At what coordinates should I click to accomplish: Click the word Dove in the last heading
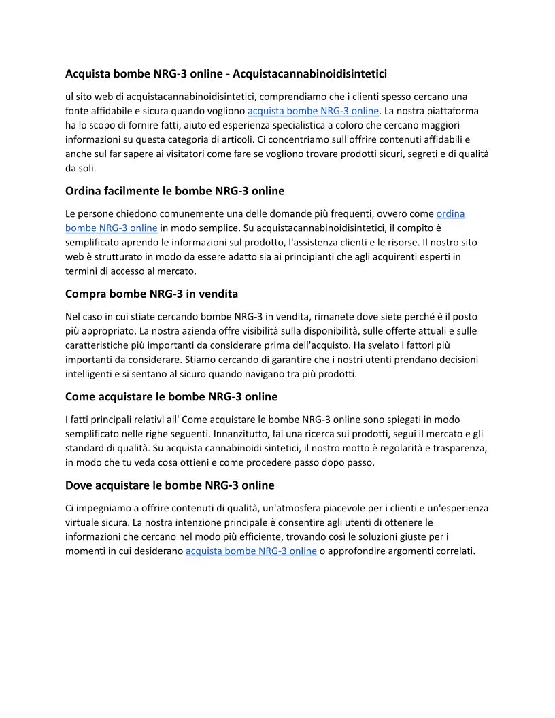[79, 485]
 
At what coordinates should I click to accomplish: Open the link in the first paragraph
[313, 111]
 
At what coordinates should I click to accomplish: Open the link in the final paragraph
[251, 551]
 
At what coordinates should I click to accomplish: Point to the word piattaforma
[454, 111]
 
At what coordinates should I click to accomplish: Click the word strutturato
[126, 256]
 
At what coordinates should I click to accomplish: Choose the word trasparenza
[452, 448]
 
